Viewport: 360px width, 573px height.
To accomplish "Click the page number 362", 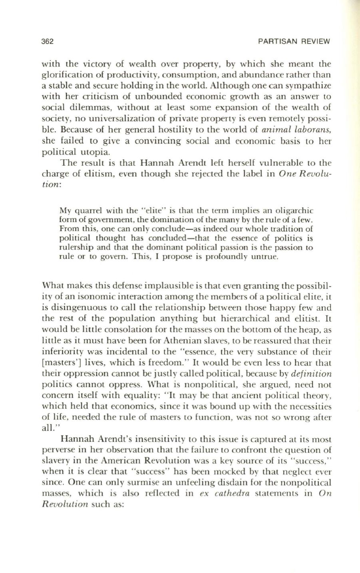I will pos(48,42).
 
